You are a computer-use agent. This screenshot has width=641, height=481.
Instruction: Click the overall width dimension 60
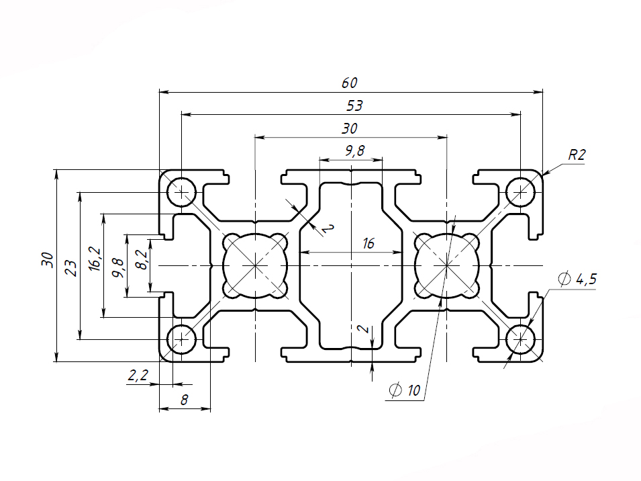(350, 83)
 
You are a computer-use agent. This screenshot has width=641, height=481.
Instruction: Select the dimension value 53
(354, 106)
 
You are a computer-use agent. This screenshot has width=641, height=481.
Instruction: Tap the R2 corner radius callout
(577, 155)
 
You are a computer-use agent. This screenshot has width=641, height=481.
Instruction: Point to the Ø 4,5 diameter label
(577, 279)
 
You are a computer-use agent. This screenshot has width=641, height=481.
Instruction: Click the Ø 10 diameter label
(405, 390)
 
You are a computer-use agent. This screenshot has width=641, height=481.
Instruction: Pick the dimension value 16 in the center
(368, 244)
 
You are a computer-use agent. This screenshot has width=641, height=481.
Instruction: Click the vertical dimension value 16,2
(95, 259)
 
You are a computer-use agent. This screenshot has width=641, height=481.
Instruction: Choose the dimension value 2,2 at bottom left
(138, 375)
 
